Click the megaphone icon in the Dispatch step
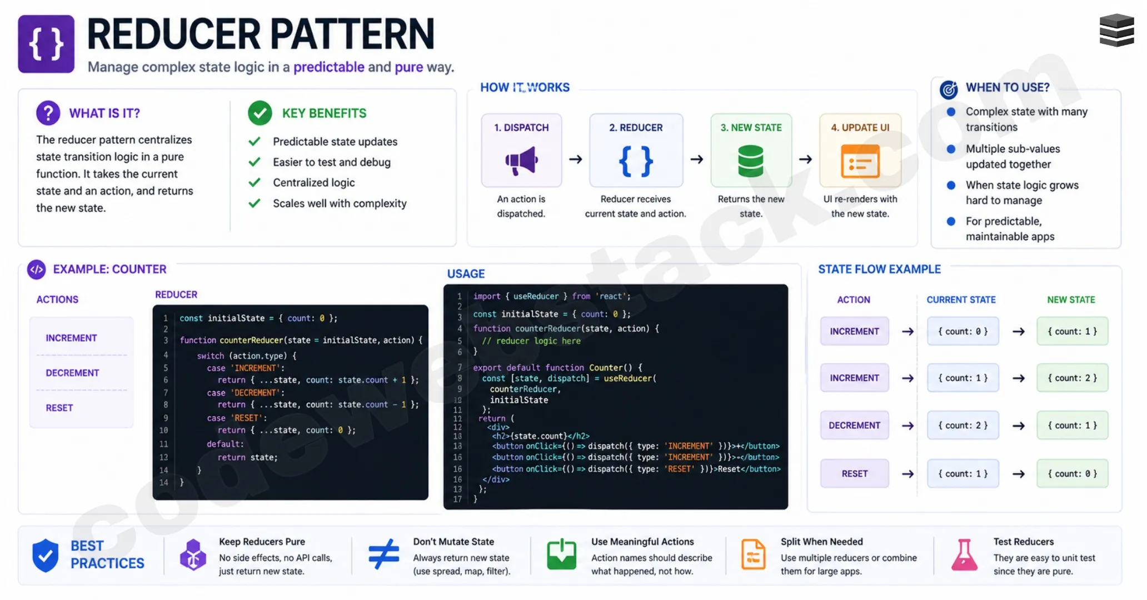tap(521, 161)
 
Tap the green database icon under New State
tap(751, 161)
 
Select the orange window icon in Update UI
tap(860, 161)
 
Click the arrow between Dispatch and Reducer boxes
tap(576, 159)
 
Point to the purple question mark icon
tap(48, 113)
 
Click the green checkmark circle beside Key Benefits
tap(260, 113)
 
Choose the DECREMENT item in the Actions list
tap(72, 373)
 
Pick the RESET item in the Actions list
tap(59, 408)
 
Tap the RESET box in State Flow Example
tap(854, 473)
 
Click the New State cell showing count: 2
tap(1072, 378)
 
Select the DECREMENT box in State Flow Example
tap(854, 425)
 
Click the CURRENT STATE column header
tap(961, 299)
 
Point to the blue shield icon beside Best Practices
tap(45, 555)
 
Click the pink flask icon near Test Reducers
tap(964, 555)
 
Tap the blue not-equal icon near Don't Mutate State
tap(383, 554)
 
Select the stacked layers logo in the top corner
tap(1116, 31)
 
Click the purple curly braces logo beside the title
tap(46, 44)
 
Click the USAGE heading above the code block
tap(466, 273)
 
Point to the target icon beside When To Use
tap(949, 89)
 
